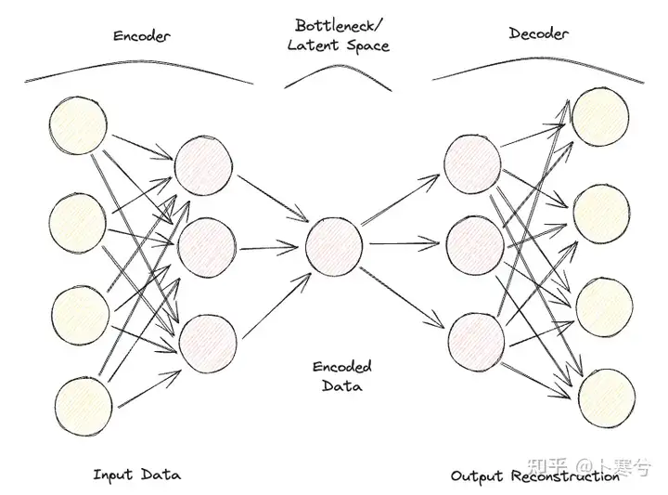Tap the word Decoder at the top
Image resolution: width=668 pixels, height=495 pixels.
539,34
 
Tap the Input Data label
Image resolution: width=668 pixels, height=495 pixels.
136,475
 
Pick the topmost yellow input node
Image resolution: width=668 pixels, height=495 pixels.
79,128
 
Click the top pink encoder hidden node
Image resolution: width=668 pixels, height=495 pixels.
204,165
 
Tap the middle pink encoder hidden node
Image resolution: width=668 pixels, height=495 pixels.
205,246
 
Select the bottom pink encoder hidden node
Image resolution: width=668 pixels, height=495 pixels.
206,343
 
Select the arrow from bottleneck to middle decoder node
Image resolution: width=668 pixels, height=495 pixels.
404,246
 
